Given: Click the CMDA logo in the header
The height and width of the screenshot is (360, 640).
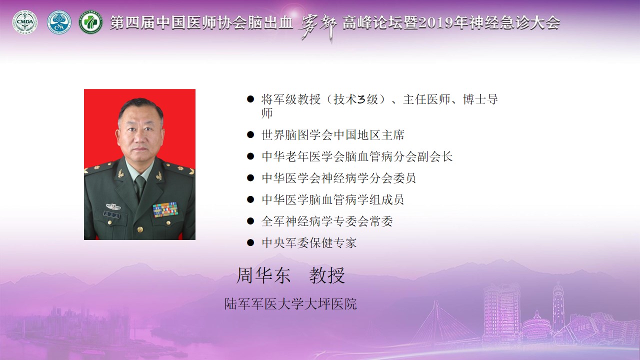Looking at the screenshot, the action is [25, 22].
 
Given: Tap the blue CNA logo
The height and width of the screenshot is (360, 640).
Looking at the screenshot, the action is [59, 22].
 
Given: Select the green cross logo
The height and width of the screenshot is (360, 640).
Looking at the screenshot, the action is [91, 22].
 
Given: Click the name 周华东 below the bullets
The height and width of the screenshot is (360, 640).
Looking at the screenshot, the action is [263, 275].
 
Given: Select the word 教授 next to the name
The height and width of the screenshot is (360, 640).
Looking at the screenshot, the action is [327, 275].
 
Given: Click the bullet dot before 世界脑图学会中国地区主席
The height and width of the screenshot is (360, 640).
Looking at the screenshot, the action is [250, 135].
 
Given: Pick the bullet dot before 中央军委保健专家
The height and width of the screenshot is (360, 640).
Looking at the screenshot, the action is [250, 243].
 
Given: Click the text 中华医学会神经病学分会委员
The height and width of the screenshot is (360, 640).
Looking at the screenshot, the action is [338, 178].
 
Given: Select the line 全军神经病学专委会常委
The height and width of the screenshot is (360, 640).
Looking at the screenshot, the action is [327, 221].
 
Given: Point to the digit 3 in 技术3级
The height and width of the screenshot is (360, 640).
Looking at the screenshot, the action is [361, 99].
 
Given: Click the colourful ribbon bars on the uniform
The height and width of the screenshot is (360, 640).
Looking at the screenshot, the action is [165, 209].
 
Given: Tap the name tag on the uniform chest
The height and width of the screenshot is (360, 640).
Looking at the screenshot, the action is [111, 215].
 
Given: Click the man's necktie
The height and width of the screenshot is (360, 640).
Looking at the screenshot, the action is [140, 186].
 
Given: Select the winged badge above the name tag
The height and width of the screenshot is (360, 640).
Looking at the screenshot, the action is [113, 206].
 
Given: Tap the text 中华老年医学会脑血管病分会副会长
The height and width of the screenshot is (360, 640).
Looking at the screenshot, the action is [357, 156].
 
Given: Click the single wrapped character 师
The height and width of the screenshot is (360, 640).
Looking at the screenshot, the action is [267, 113].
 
